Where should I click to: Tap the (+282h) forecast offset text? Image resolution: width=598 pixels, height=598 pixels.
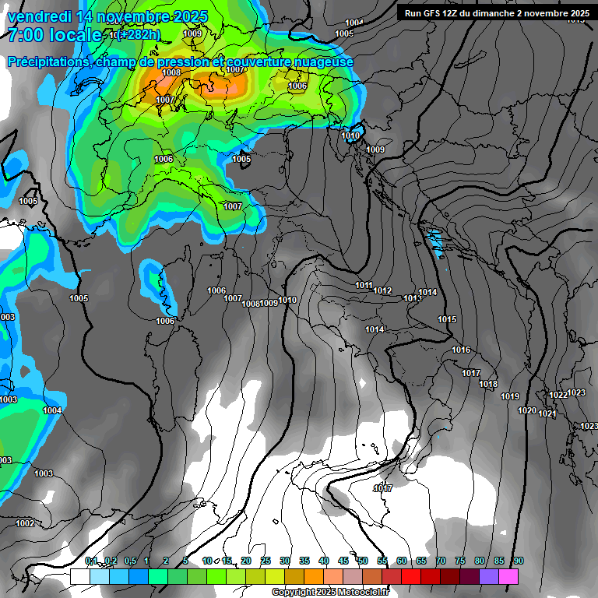[139, 34]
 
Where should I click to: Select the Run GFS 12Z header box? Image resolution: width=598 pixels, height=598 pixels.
[496, 13]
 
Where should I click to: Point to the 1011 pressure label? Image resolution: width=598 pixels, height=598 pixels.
[364, 285]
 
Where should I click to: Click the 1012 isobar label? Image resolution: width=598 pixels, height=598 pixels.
[382, 290]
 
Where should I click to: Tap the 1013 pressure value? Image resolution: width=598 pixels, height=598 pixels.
[412, 298]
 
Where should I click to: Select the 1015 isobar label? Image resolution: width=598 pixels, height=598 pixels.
[447, 319]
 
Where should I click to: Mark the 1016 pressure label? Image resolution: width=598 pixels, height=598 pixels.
[461, 350]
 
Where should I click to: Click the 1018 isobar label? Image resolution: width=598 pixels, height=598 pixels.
[488, 384]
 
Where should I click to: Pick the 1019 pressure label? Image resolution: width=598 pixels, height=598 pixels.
[510, 396]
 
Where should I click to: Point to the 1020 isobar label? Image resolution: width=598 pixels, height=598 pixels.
[527, 410]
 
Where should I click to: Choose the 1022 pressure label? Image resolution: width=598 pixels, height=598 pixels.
[558, 395]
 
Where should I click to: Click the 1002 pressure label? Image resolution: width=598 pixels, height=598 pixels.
[25, 523]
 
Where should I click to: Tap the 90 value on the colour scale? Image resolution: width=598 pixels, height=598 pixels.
[518, 561]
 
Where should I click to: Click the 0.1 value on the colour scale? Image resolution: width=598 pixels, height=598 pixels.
[91, 561]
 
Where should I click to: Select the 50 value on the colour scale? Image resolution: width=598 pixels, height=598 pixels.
[363, 561]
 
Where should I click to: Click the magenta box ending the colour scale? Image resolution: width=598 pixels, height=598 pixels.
[508, 576]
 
